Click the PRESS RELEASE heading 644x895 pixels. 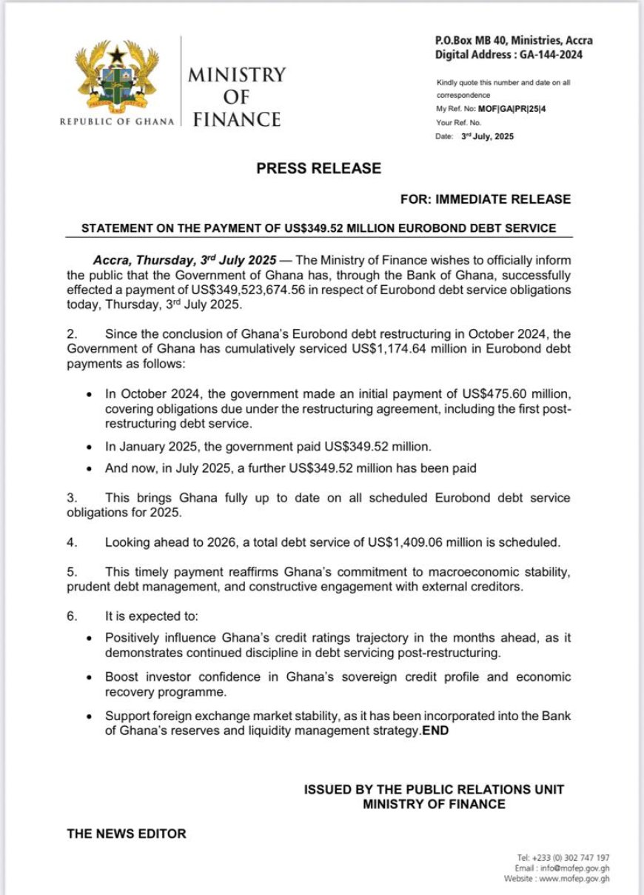tap(319, 168)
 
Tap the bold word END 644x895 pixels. tap(435, 731)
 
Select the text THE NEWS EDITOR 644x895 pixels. tap(127, 834)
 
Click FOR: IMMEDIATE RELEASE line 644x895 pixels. tap(485, 199)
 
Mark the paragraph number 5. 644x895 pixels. tap(72, 572)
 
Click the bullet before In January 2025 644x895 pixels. tap(90, 447)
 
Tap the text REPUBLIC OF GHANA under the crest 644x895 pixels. tap(117, 122)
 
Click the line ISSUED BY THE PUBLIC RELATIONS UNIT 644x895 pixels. tap(434, 790)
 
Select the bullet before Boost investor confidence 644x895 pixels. tap(90, 677)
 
